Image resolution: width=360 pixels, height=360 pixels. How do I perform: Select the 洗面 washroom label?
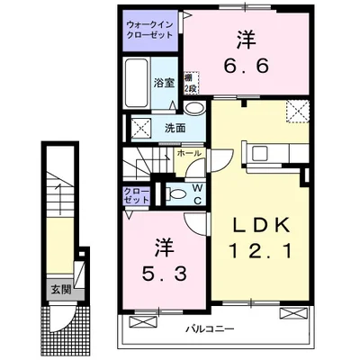click(x=175, y=127)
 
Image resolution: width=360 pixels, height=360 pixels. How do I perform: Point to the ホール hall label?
click(x=188, y=154)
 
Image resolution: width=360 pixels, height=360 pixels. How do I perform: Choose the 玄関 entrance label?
click(x=58, y=290)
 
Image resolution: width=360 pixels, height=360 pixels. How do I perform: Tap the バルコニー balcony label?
click(x=211, y=328)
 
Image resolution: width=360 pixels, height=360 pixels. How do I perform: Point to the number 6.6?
click(x=244, y=66)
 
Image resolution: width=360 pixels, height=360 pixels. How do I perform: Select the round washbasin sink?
click(x=193, y=104)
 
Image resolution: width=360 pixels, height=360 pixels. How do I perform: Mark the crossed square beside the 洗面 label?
click(x=140, y=126)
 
